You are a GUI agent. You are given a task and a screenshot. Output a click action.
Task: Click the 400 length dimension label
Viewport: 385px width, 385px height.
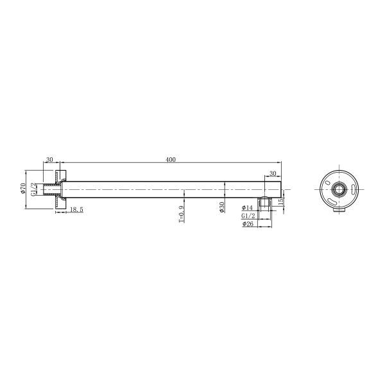point(170,159)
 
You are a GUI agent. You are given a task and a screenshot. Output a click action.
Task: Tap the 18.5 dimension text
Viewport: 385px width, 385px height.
point(76,210)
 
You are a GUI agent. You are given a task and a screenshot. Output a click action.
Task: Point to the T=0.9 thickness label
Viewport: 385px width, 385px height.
point(182,214)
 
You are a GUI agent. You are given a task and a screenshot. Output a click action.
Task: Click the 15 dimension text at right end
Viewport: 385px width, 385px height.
point(281,202)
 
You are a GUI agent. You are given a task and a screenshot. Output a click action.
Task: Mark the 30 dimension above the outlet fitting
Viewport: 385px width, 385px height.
point(272,174)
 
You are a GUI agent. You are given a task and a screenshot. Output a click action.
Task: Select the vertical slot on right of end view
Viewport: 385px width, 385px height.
point(354,189)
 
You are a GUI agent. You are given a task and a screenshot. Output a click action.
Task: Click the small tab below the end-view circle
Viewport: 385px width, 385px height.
point(338,210)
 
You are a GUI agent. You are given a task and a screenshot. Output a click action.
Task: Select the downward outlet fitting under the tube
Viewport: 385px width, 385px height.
point(265,203)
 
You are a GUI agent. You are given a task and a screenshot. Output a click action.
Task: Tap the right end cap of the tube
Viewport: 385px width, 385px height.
point(280,189)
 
